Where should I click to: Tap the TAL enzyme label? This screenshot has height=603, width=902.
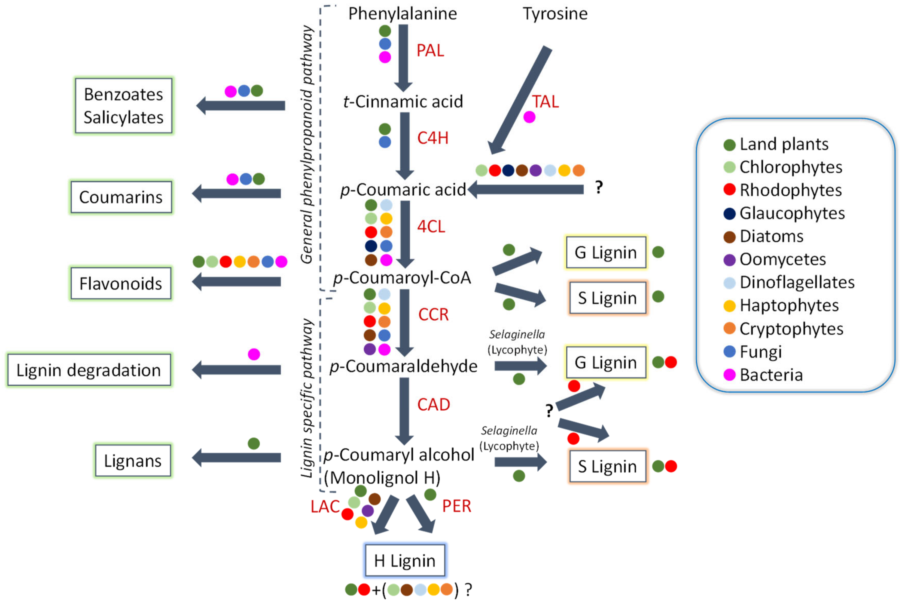coord(545,101)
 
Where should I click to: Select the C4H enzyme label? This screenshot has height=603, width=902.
coord(432,138)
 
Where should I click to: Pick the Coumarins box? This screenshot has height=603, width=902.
coord(121,197)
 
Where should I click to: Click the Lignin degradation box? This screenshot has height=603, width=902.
coord(89,370)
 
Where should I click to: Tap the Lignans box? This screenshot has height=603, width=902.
coord(133,460)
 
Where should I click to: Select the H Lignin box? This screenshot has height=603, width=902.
coord(404,560)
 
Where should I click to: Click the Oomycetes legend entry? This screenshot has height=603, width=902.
coord(782,259)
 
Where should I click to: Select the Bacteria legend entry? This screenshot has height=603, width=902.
coord(770,375)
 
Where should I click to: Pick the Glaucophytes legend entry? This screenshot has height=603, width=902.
coord(791,213)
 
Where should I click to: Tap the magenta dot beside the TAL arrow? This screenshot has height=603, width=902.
coord(529,117)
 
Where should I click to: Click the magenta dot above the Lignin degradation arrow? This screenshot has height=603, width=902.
coord(254,354)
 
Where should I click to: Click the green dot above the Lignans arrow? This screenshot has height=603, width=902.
coord(254,443)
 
